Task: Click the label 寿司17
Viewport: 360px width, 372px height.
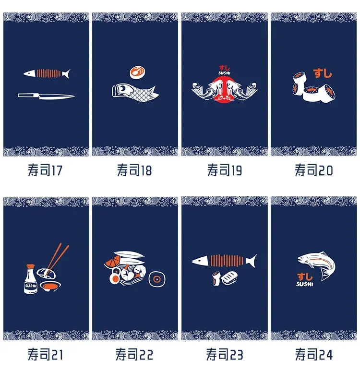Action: point(45,170)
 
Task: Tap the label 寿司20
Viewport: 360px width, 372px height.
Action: point(314,170)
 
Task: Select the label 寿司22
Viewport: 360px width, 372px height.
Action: point(134,354)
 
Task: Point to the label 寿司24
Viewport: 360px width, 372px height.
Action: point(314,354)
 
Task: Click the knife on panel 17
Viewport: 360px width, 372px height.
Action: point(46,96)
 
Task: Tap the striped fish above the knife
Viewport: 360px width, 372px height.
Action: point(47,73)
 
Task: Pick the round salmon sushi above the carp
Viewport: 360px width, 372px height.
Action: point(137,72)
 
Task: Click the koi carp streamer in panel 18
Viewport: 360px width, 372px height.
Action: point(135,93)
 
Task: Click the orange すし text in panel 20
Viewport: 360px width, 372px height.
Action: point(322,73)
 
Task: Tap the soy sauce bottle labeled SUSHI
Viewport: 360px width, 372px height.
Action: point(31,279)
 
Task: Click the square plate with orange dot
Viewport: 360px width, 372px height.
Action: point(157,279)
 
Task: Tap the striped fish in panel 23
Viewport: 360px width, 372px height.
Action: point(224,261)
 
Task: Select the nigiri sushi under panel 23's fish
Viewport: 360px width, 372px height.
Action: point(229,277)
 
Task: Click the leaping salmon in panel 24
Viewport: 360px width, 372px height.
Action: point(317,265)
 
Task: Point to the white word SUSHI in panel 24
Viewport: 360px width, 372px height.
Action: point(305,284)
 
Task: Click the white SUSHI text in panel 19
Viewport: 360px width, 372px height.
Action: point(224,73)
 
